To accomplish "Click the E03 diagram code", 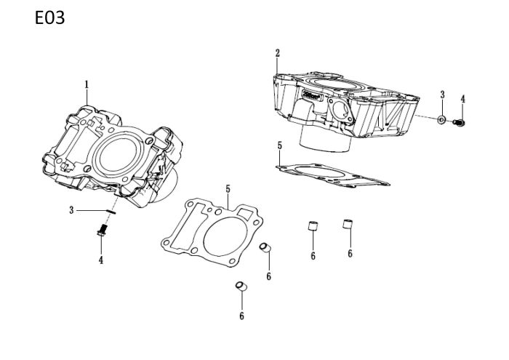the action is [x=50, y=18].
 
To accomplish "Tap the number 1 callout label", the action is [x=87, y=84].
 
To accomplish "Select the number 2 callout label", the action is [x=277, y=53].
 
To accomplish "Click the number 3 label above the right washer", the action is [x=442, y=95].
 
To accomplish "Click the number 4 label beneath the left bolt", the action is [x=101, y=260].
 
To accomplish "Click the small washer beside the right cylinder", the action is [x=442, y=118].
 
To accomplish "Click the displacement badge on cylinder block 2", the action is [x=313, y=95].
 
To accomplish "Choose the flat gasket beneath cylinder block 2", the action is [x=331, y=173].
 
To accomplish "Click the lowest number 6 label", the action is [x=241, y=316].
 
